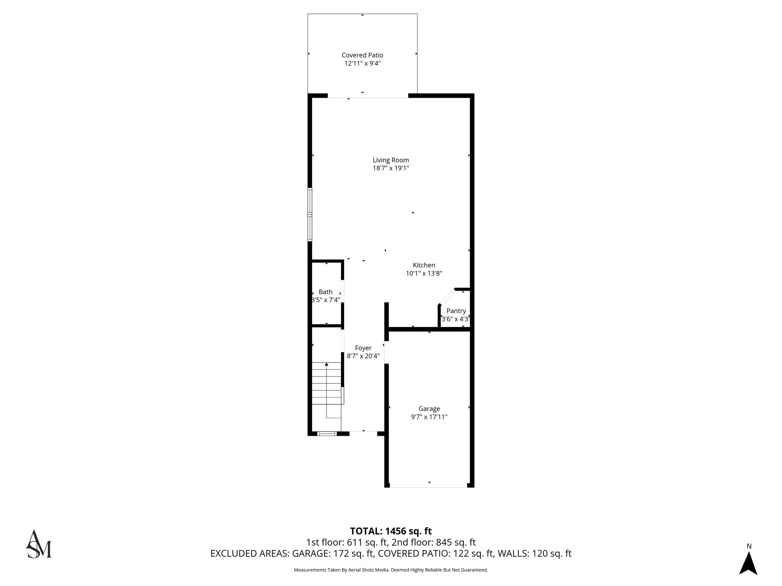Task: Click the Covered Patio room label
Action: (362, 55)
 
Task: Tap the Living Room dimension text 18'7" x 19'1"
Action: (391, 168)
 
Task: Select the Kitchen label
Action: (423, 265)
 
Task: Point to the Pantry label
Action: (456, 311)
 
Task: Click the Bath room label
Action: (325, 292)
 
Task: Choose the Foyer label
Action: (363, 348)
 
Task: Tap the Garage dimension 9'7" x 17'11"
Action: (429, 417)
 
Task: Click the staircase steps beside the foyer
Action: (326, 383)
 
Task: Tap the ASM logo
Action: (38, 544)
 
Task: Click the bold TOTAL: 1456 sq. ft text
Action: (391, 531)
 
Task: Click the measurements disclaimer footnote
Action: (391, 570)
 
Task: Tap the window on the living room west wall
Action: (310, 214)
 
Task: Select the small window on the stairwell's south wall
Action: (327, 433)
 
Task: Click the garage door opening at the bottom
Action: (428, 487)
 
